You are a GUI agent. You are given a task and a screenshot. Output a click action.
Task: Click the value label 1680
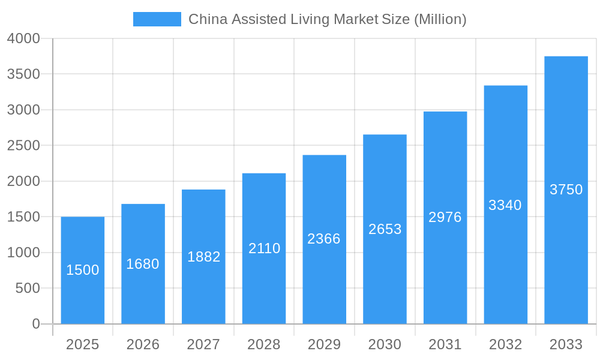143,264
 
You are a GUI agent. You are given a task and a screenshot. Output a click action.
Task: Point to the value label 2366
324,239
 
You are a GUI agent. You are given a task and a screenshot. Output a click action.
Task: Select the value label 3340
505,205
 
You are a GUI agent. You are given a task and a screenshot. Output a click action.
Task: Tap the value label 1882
204,257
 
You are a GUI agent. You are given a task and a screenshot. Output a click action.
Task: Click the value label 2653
385,229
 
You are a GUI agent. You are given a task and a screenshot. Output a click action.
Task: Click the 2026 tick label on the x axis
143,344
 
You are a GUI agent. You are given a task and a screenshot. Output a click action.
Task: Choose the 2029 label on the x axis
324,344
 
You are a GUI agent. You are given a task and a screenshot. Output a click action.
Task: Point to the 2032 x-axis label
506,344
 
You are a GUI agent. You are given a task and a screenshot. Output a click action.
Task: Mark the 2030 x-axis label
385,344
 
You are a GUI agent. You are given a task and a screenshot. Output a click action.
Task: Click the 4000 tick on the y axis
23,38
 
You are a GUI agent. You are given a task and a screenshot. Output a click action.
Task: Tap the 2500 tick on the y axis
23,146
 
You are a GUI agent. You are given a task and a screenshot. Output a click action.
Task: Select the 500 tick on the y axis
28,288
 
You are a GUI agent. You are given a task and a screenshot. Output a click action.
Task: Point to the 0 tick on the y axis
36,324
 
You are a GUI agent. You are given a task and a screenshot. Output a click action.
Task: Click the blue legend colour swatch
157,19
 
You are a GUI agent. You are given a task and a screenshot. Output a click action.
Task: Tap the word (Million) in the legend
440,19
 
